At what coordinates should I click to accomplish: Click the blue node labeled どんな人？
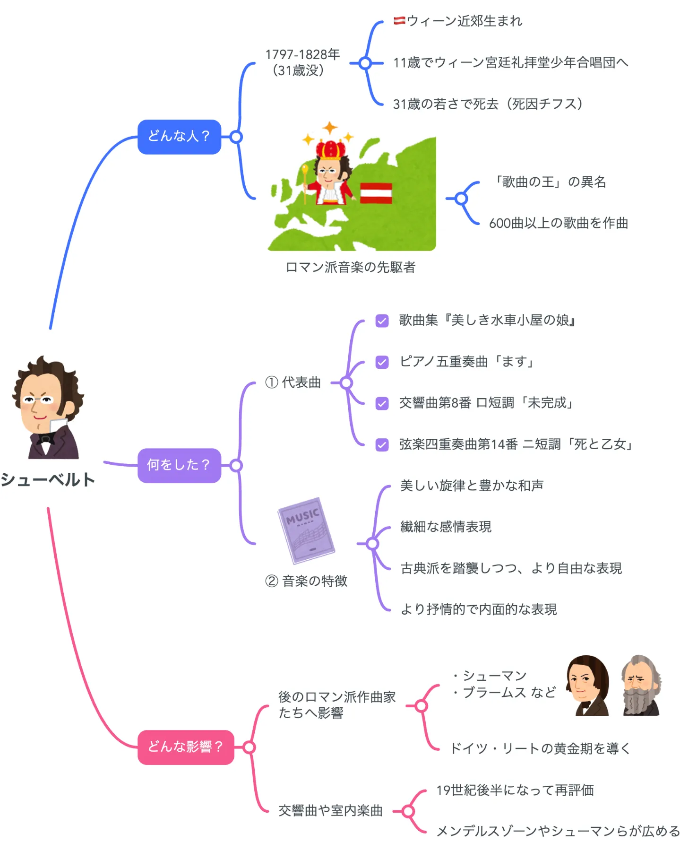coord(179,137)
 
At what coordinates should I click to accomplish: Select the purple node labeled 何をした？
coord(179,465)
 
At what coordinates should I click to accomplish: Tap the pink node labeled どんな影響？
coord(185,747)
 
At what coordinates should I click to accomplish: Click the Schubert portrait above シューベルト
coord(47,408)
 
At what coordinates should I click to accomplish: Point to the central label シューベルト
coord(48,480)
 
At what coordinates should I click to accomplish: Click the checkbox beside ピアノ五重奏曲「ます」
coord(382,362)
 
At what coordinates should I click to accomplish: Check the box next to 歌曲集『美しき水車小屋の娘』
coord(382,321)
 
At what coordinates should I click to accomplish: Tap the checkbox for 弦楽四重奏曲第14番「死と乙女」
coord(382,445)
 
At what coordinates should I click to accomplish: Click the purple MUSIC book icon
coord(306,530)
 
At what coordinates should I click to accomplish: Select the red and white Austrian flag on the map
coord(376,193)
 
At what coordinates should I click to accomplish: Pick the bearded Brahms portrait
coord(641,686)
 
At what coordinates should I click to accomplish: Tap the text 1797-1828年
coord(302,55)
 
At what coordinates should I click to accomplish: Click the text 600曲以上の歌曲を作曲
coord(558,223)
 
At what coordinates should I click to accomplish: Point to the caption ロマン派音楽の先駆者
coord(350,268)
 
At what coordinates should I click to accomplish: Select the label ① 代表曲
coord(293,382)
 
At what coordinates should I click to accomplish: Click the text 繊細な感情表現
coord(446,527)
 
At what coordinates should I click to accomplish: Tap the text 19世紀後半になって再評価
coord(515,790)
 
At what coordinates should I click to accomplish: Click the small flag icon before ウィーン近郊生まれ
coord(399,20)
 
